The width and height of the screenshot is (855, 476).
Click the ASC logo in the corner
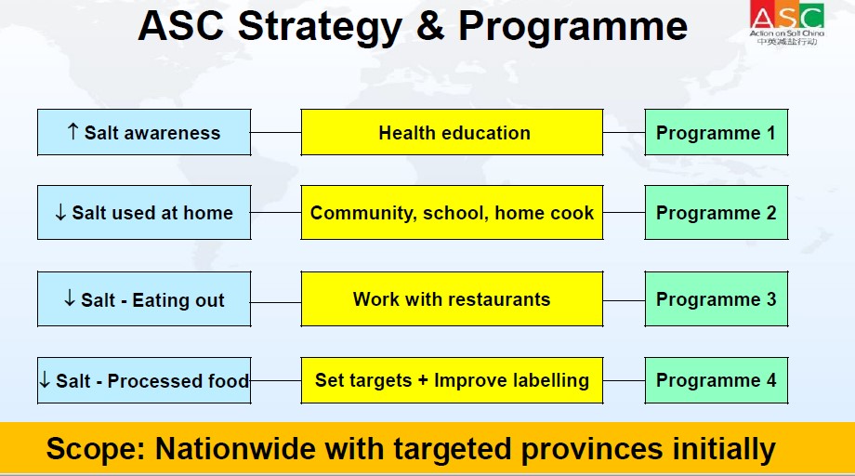(787, 23)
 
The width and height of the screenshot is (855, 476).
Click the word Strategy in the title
(320, 27)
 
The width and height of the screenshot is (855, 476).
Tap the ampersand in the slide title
(430, 26)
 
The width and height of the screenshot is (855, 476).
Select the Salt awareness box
(144, 133)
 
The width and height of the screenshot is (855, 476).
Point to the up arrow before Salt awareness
(72, 131)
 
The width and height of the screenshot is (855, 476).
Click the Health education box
(452, 133)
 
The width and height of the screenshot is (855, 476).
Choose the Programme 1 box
(717, 133)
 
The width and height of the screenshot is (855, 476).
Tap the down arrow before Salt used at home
(60, 212)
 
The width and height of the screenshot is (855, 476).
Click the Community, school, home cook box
(452, 213)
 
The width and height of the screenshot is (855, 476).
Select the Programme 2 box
(717, 213)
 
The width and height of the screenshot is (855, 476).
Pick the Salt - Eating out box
(144, 299)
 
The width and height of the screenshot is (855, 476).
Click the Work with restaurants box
(452, 299)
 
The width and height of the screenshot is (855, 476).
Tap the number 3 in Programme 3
(771, 299)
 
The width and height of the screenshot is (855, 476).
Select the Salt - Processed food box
(144, 380)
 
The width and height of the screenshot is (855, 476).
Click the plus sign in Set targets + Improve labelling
(423, 380)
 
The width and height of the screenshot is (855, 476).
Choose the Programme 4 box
(717, 380)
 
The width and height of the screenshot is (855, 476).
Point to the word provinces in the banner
(592, 450)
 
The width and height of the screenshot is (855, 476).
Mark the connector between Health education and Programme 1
(624, 133)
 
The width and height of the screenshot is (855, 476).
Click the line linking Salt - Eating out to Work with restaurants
(276, 302)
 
